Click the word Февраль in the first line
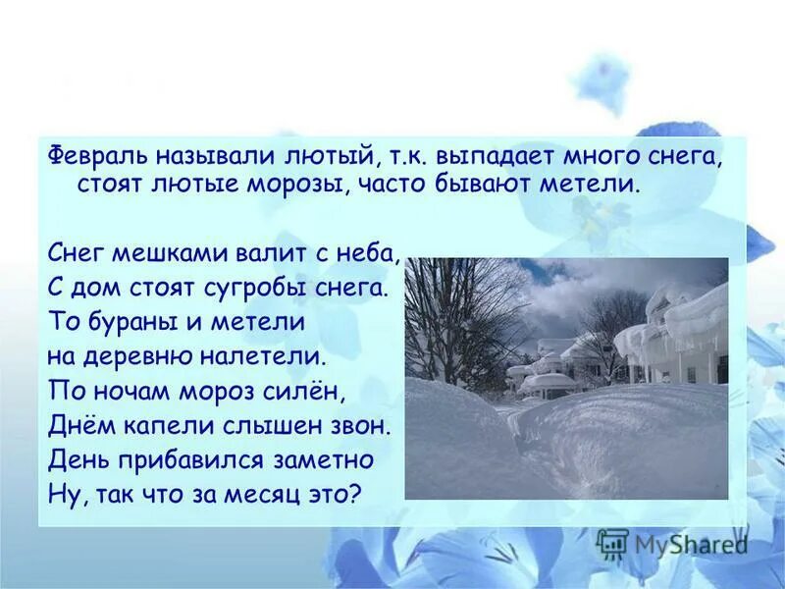[x=92, y=155]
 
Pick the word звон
[x=361, y=425]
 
